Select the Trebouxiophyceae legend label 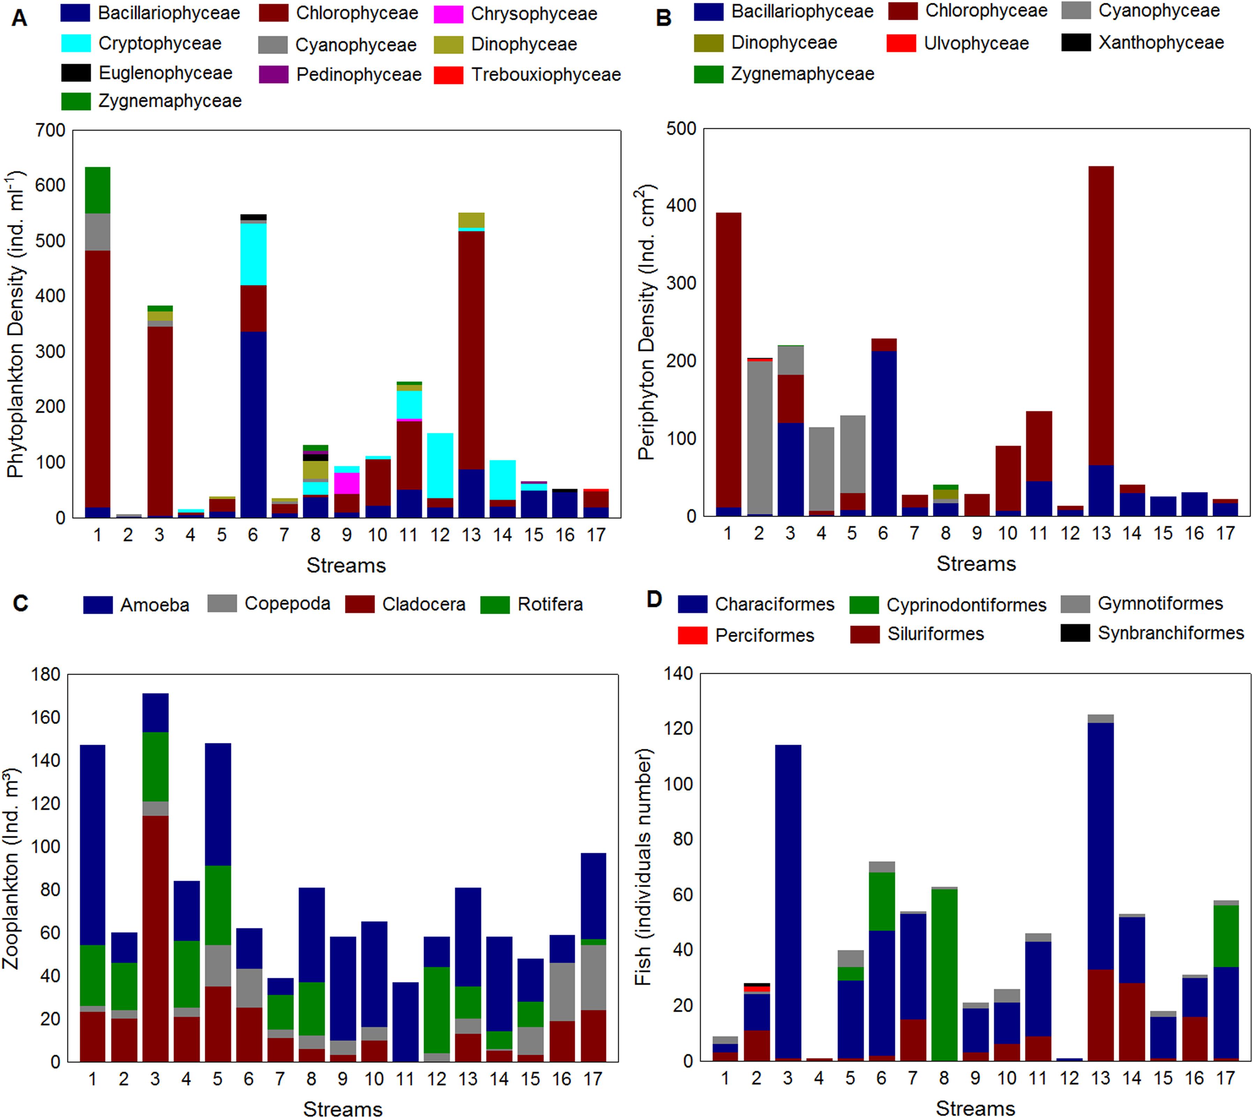pos(545,75)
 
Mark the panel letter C pos(20,603)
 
